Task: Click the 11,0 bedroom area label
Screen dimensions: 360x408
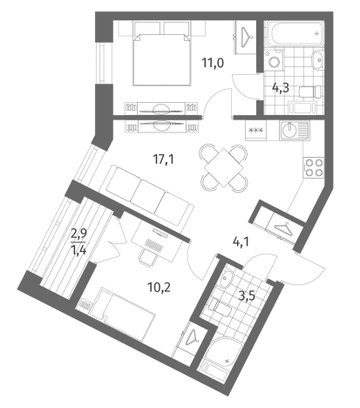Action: pos(213,63)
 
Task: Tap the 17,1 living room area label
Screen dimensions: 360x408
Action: pos(164,160)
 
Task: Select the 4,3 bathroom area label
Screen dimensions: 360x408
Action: pos(281,87)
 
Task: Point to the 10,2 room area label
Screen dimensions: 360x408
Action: pos(159,288)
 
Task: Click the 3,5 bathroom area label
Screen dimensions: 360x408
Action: pos(247,296)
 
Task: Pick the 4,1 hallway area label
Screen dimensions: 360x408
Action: pos(241,241)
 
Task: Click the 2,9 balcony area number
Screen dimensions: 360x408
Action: pos(78,234)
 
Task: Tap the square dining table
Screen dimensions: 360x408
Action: pos(223,167)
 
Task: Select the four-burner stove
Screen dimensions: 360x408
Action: pos(314,167)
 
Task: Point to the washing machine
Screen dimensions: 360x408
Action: pos(274,60)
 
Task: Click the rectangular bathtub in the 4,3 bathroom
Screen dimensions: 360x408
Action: pos(295,33)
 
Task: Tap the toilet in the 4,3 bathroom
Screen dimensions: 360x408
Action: pos(310,92)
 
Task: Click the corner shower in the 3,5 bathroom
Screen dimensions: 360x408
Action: pos(224,350)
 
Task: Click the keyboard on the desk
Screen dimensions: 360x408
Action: pos(153,246)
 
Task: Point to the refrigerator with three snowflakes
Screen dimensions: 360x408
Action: pos(255,131)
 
